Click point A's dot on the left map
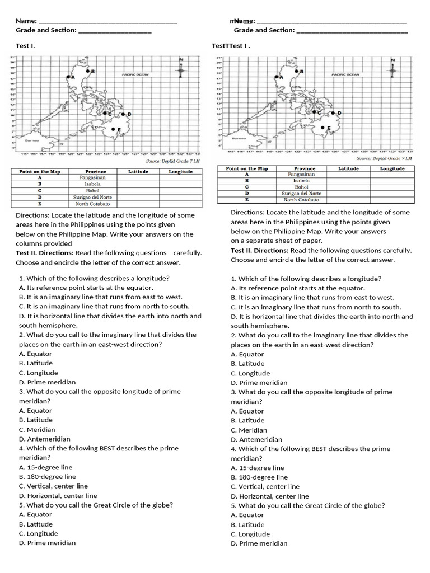(68, 77)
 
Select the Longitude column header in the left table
(180, 172)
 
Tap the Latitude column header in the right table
(348, 168)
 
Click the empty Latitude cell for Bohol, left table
(138, 190)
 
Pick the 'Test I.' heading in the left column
(25, 45)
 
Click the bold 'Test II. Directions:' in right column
(259, 251)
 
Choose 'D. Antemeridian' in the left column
(44, 439)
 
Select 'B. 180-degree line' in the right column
(259, 477)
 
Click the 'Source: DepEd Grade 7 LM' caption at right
(384, 158)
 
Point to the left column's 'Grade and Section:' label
(46, 30)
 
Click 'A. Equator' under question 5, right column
(247, 515)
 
